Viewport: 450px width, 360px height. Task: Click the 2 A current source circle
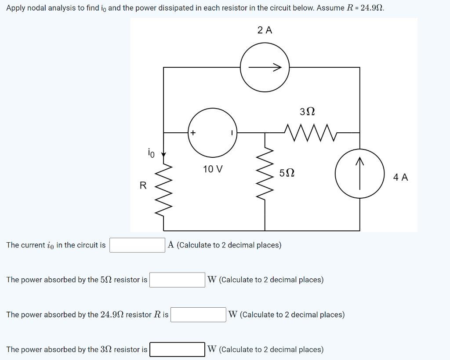pos(264,67)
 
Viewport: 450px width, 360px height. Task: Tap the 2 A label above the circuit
pos(265,30)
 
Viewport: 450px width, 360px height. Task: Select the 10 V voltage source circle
pos(213,132)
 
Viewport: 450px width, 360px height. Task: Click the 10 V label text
pos(213,169)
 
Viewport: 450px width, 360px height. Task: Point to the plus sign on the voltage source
pos(193,132)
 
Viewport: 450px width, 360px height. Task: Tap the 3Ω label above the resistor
pos(308,112)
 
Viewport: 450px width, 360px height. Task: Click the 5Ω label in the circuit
pos(287,173)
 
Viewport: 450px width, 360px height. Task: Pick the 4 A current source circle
pos(359,174)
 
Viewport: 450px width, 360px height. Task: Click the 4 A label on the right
pos(400,177)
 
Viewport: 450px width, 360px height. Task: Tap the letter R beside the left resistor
pos(143,185)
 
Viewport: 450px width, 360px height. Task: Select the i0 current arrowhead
pos(163,155)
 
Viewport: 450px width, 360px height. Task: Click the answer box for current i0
pos(137,245)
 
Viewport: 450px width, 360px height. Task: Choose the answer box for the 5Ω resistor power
pos(177,280)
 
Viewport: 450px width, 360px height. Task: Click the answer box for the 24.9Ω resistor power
pos(198,315)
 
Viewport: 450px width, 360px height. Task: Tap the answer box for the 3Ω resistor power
pos(177,349)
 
